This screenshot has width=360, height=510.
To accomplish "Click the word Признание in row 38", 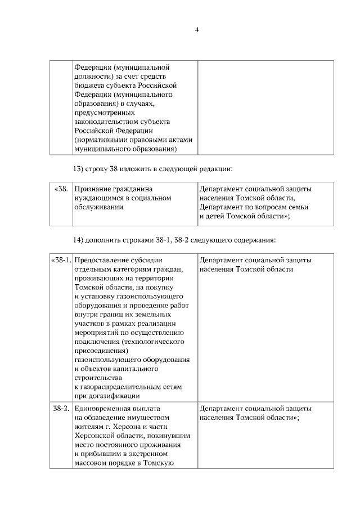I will pos(93,189).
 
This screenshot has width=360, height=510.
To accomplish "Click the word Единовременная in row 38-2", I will pos(103,409).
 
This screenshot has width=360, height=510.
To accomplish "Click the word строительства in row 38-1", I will pos(97,378).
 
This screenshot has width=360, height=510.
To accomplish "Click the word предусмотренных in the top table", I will pos(102,113).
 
